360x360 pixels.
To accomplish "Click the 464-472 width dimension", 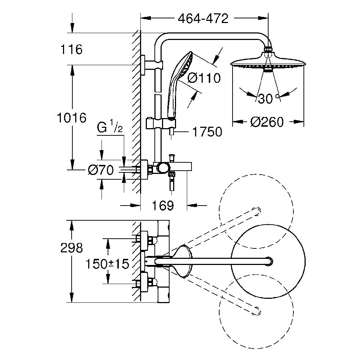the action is [x=203, y=18].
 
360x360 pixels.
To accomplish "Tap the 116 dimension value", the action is [x=71, y=49].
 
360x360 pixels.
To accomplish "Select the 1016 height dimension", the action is [x=71, y=118].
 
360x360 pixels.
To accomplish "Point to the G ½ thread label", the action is [x=110, y=127].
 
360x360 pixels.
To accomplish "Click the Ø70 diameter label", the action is [x=101, y=170].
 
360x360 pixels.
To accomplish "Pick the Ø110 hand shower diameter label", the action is [x=204, y=78].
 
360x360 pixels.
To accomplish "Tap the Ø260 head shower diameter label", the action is [x=267, y=122].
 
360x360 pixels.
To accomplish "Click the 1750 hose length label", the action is [x=207, y=132].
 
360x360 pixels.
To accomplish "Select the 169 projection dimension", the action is [x=163, y=206].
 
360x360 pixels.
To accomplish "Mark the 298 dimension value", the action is [x=71, y=248].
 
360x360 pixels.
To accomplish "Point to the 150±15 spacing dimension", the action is [x=107, y=264].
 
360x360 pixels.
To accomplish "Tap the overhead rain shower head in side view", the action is [x=268, y=62].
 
